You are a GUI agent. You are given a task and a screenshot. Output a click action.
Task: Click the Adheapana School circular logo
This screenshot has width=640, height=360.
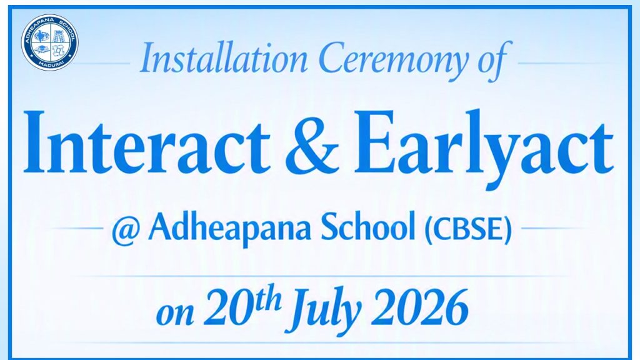(x=50, y=42)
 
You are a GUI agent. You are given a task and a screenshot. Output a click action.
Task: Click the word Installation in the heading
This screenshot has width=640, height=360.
(x=223, y=59)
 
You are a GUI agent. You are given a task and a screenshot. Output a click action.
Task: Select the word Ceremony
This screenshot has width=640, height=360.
(x=394, y=61)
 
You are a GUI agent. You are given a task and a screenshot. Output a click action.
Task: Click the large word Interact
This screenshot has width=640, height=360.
(x=147, y=143)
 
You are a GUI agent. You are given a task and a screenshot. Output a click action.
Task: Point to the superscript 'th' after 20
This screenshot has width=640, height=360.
(x=266, y=299)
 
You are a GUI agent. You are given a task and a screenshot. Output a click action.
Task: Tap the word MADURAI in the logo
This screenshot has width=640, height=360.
(x=49, y=64)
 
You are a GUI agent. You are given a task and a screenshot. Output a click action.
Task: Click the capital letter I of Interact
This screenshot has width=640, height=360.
(x=35, y=143)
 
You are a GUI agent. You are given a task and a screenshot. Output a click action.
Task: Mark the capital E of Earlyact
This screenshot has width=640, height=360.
(x=374, y=143)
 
